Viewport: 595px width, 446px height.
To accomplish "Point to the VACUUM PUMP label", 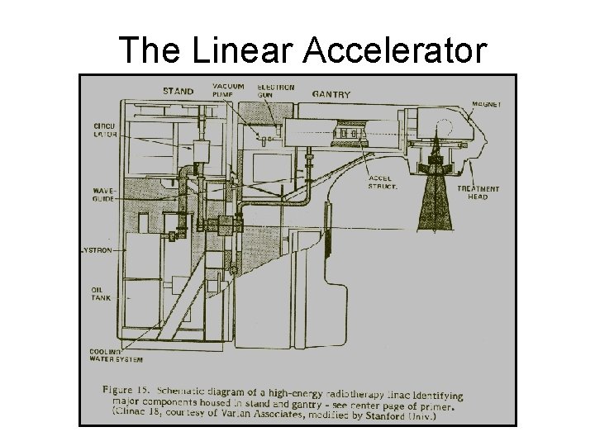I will pyautogui.click(x=227, y=91).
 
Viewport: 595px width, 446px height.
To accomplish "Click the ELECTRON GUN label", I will pyautogui.click(x=271, y=91).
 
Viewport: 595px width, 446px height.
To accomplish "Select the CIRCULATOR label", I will pyautogui.click(x=105, y=129).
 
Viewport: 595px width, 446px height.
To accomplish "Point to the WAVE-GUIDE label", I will pyautogui.click(x=103, y=194).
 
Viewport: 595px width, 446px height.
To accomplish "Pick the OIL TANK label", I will pyautogui.click(x=102, y=293).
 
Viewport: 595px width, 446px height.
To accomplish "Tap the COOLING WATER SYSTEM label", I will pyautogui.click(x=116, y=355).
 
